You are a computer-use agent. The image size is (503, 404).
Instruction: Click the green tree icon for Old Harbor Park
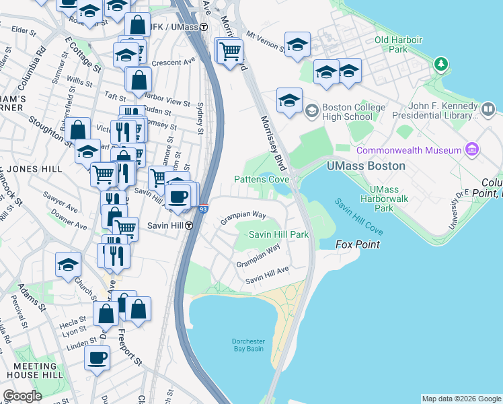pos(440,65)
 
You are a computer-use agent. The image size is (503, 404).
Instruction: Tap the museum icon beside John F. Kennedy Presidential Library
pos(488,108)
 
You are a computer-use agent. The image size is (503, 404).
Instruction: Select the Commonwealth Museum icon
pos(471,149)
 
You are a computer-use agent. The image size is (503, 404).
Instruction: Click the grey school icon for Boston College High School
pos(311,110)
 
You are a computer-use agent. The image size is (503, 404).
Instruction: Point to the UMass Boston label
pos(366,166)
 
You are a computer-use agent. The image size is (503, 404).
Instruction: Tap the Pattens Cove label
pos(262,180)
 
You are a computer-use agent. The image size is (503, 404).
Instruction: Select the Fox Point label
pos(358,245)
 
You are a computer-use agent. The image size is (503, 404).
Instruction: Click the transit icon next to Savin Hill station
pos(190,226)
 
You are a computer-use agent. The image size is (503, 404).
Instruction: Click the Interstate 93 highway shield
pos(203,209)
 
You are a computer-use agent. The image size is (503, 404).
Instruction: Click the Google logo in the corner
pos(22,396)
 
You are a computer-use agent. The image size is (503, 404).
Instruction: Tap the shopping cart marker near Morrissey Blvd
pos(230,50)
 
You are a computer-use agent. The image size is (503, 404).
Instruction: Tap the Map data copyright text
pos(461,399)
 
